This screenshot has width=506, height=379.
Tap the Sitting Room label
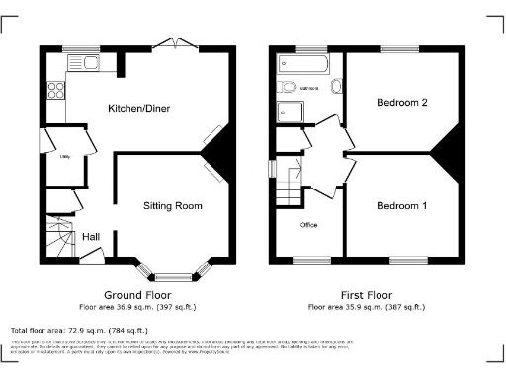coord(174,206)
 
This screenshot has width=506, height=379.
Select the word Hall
coord(90,236)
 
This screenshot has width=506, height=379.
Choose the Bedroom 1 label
coord(402,205)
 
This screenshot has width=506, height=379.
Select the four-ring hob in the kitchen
coord(54,89)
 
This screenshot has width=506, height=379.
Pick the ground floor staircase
coord(62,237)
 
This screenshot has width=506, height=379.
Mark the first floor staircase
coord(289,184)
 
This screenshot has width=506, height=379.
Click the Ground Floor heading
coord(137,295)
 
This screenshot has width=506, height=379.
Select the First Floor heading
coord(367,295)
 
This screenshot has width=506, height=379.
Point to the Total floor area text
coord(79,330)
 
